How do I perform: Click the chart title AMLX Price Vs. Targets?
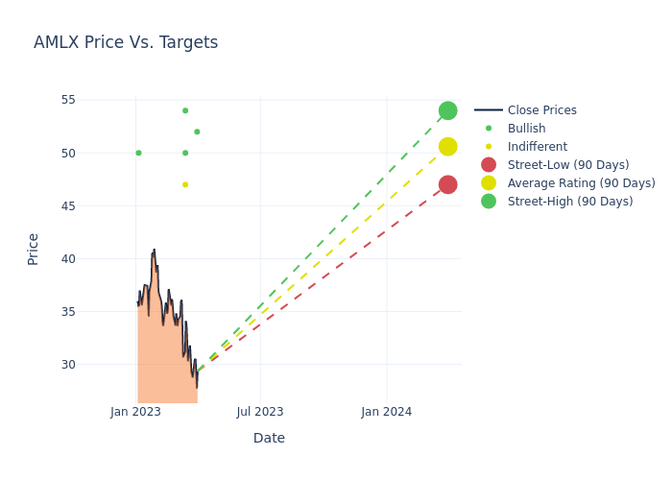click(126, 43)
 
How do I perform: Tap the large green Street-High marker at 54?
click(447, 110)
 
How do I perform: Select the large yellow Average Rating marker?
click(447, 146)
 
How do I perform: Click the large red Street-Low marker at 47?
click(447, 184)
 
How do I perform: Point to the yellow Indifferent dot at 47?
click(185, 184)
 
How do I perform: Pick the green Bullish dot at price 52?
click(197, 132)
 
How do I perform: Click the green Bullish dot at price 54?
click(185, 110)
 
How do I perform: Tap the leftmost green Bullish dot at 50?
click(138, 153)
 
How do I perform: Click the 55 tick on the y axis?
click(68, 100)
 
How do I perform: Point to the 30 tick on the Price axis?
click(68, 365)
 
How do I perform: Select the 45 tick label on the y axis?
click(68, 205)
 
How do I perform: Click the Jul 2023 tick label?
click(260, 412)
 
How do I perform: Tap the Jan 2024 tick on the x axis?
click(387, 412)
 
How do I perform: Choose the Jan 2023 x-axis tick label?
click(135, 412)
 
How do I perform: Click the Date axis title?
click(269, 439)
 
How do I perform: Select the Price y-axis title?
click(34, 249)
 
